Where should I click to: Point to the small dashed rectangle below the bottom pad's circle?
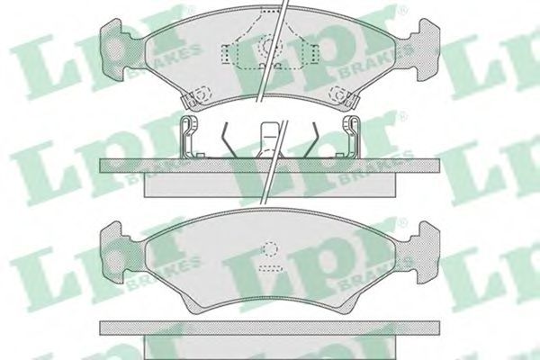coord(270,267)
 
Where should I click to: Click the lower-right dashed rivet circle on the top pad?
coord(338,93)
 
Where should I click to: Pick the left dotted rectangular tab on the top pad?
coord(225,54)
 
